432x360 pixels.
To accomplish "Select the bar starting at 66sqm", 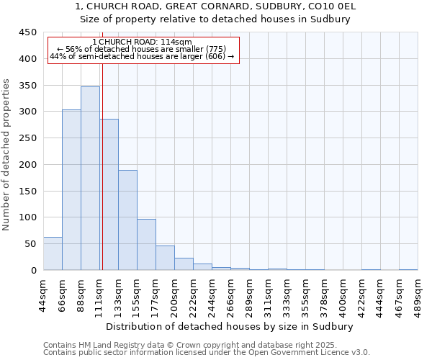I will (71, 190).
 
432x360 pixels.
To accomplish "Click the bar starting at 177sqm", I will (165, 258).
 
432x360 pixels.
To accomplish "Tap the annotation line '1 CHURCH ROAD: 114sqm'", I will (143, 42).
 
